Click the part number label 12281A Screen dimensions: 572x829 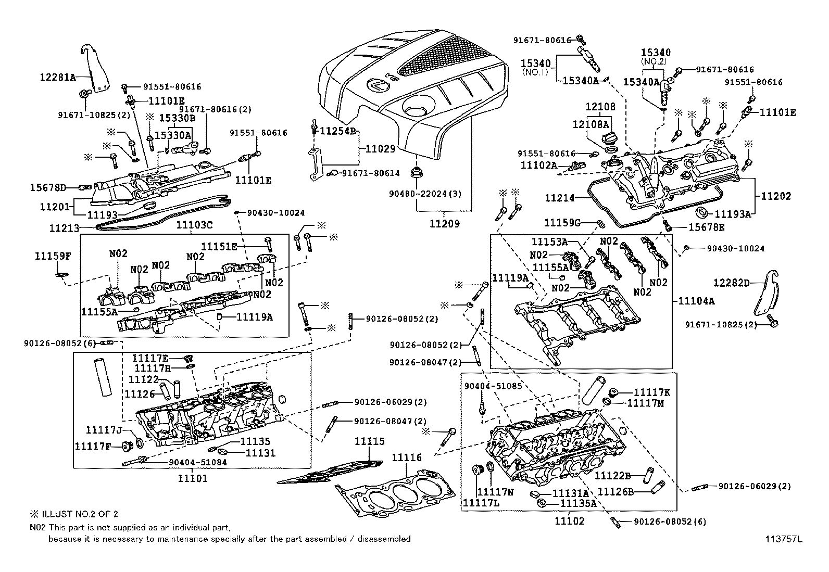point(58,78)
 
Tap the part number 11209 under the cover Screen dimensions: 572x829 point(444,224)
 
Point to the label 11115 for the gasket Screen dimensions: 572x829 point(370,441)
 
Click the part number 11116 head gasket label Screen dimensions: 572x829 point(407,457)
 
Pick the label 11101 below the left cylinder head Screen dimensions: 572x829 point(192,478)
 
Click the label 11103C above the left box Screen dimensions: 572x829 point(194,225)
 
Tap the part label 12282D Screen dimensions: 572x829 point(731,283)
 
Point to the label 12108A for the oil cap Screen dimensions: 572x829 point(591,124)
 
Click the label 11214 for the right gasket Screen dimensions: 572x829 point(559,198)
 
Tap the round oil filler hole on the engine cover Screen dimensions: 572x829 point(416,111)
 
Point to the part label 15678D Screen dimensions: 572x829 point(48,187)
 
